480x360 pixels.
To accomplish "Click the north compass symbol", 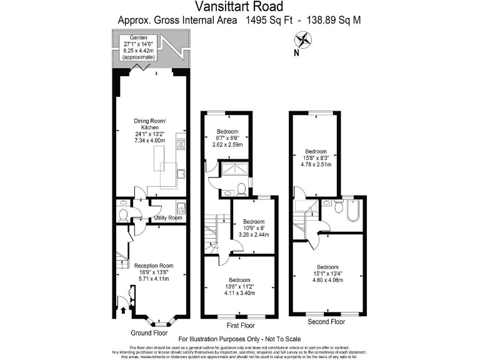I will (304, 42).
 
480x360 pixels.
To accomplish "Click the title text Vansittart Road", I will (239, 7).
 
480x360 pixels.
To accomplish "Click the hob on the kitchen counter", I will (180, 145).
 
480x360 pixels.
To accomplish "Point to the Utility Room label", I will (168, 217).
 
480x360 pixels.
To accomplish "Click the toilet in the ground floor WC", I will (123, 214).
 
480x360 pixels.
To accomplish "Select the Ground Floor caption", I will (149, 332).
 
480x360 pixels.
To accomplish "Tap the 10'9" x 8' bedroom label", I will (253, 228).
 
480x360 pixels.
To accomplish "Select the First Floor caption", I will (240, 326).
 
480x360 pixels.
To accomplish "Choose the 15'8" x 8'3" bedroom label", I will (316, 159).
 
